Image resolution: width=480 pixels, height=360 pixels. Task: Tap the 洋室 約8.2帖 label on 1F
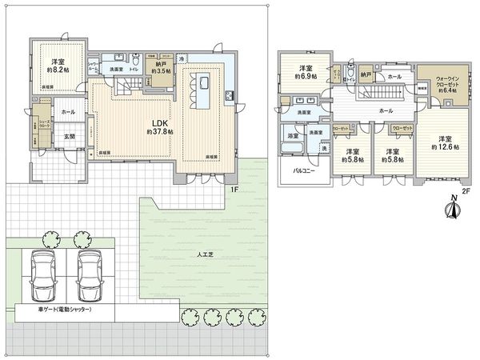click(x=58, y=66)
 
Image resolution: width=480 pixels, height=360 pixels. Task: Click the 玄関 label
click(x=70, y=136)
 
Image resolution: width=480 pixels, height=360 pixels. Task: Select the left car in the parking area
click(x=40, y=275)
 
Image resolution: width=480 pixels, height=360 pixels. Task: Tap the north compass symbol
click(x=453, y=208)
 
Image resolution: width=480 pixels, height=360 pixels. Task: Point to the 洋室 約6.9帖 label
click(x=305, y=72)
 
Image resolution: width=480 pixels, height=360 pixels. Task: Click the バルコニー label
click(x=302, y=170)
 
